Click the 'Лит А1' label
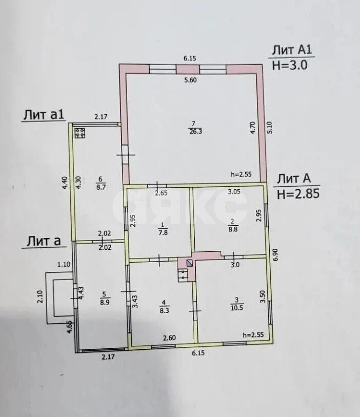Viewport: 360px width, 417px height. tap(292, 50)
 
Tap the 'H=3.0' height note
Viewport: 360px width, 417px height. tap(290, 65)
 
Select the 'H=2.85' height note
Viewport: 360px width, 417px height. tap(298, 194)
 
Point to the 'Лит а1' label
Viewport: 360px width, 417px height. tap(44, 115)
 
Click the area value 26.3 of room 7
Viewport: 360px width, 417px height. tap(195, 131)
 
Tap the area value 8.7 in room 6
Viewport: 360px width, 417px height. tap(101, 187)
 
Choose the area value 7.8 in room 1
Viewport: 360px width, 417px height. tap(163, 232)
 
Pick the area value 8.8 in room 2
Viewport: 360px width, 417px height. tap(233, 229)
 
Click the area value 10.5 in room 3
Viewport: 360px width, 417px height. tap(236, 308)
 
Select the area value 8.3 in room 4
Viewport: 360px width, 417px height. tap(164, 310)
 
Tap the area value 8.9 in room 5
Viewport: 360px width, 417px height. tap(105, 302)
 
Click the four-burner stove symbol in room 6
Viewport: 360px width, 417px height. tap(80, 133)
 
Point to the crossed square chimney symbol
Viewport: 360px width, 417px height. tap(189, 263)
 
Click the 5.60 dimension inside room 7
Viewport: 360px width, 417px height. tap(190, 80)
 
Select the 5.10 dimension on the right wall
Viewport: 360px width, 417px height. tap(270, 127)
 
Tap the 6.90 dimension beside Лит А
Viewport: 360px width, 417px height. tap(275, 254)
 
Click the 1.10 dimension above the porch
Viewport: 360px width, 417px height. tap(64, 264)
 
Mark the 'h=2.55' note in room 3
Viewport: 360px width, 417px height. tap(253, 335)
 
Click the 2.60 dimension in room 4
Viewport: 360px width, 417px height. tap(169, 337)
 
